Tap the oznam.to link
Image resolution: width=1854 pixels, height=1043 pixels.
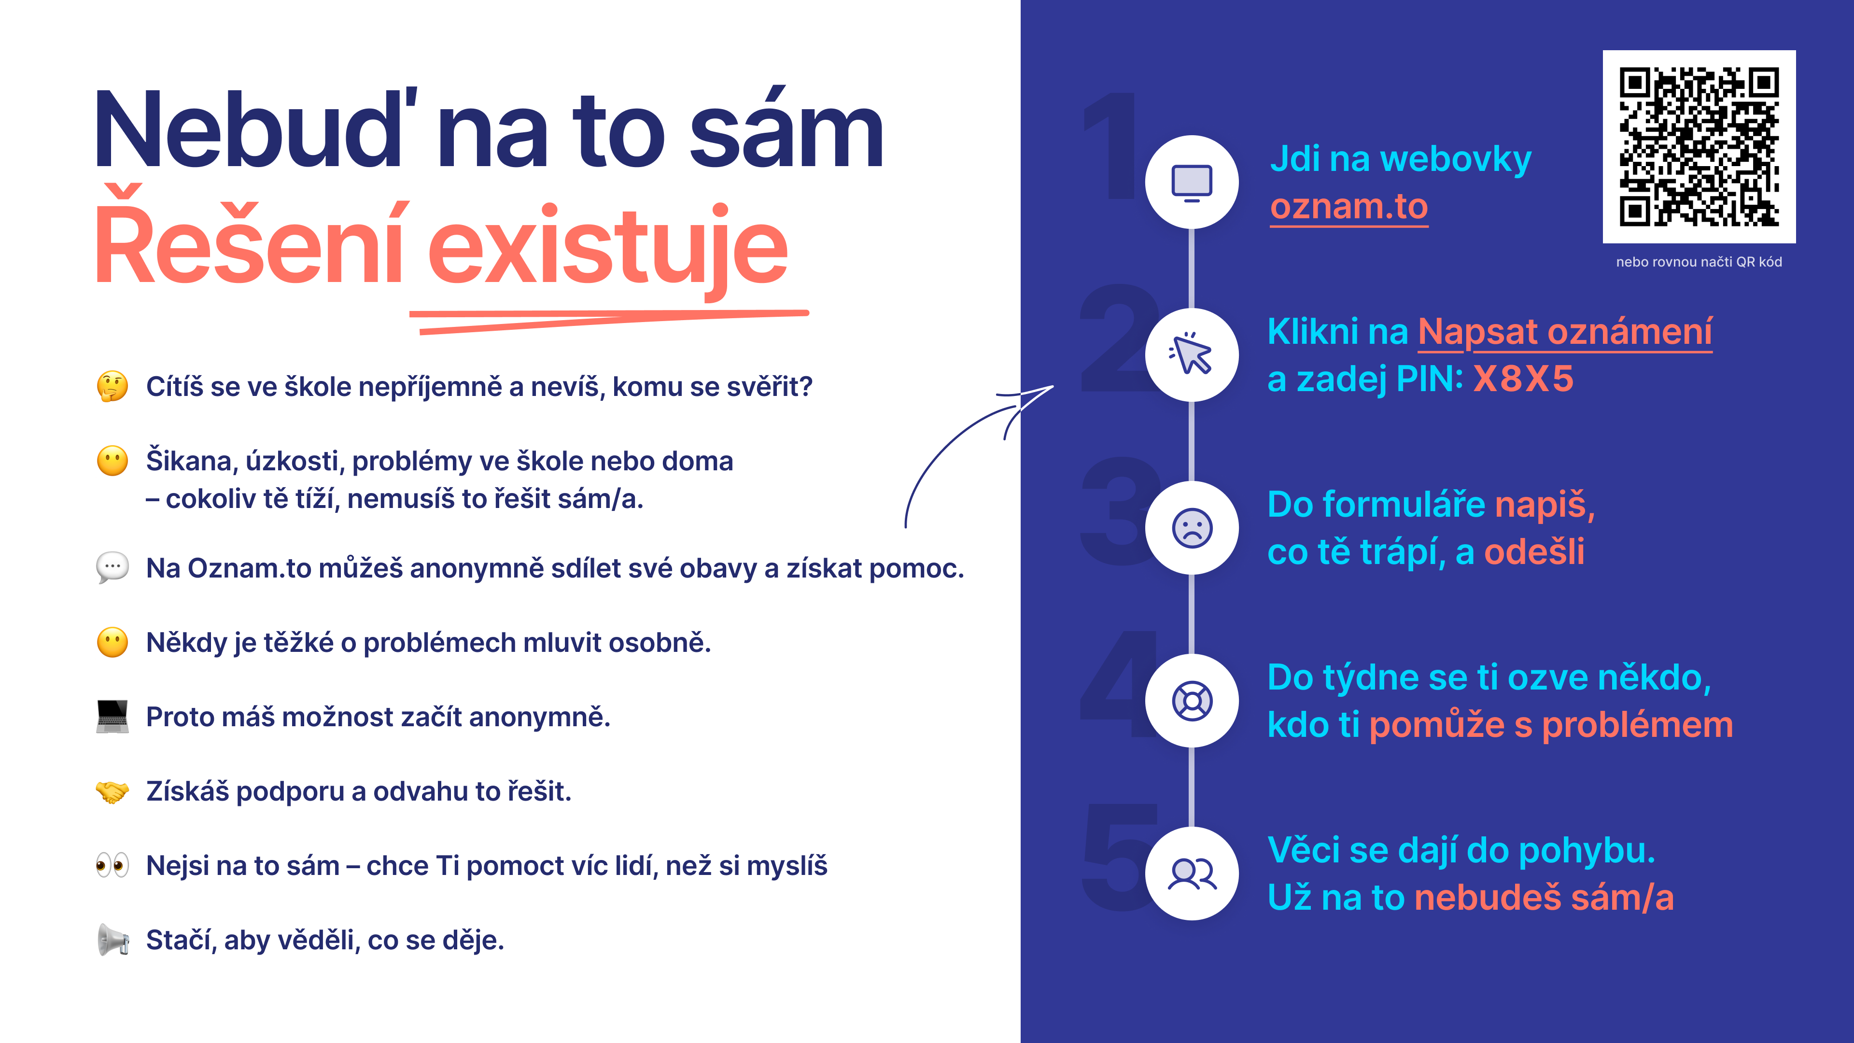click(1349, 207)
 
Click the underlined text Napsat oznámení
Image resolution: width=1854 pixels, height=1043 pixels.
click(1565, 333)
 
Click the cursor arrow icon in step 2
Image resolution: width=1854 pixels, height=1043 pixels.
click(1191, 353)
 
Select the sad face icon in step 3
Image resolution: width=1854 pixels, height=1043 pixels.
click(1192, 528)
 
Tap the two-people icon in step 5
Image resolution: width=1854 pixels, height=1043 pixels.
click(1192, 874)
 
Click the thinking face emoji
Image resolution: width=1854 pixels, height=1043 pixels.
click(112, 386)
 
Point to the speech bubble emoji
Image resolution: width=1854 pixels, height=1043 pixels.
click(112, 568)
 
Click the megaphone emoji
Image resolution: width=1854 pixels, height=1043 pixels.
click(112, 939)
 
